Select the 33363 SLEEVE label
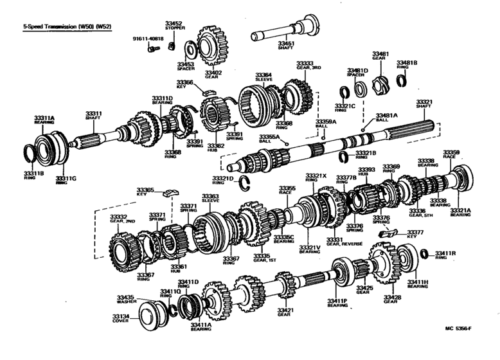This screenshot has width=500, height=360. (x=210, y=199)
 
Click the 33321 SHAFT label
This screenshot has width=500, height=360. (x=424, y=104)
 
